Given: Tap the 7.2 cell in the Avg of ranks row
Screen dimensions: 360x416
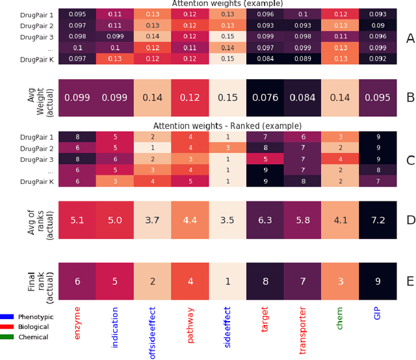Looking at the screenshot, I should pos(378,220).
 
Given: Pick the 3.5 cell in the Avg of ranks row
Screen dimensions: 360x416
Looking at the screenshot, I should pos(227,220).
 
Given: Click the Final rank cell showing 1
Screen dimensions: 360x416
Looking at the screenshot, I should pos(227,281).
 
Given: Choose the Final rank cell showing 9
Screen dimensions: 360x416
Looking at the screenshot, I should pos(378,281).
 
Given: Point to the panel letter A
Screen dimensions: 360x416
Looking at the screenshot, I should pos(409,38).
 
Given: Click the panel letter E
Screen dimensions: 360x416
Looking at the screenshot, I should pos(409,281).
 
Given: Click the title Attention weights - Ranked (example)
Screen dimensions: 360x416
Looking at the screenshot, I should pos(227,125).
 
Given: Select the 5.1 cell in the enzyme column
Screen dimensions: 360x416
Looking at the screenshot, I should pos(77,220).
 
